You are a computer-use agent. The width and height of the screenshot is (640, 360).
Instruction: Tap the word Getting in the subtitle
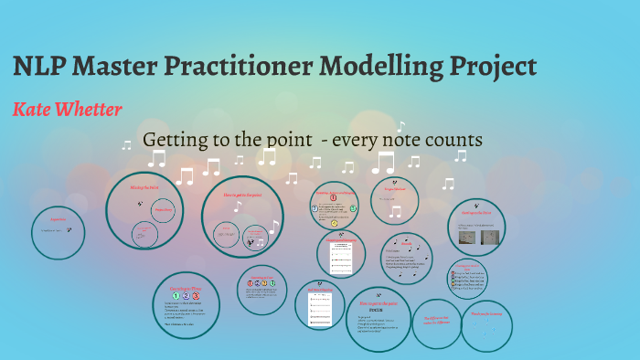point(176,141)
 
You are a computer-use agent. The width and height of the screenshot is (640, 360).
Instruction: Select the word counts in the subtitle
point(452,141)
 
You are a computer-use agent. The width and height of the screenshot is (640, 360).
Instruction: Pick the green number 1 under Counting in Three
point(175,296)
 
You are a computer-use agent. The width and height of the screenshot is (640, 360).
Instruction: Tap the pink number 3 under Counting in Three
point(196,296)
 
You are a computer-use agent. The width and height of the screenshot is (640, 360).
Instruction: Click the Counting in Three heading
point(186,286)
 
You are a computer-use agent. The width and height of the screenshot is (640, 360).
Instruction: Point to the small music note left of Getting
point(127,144)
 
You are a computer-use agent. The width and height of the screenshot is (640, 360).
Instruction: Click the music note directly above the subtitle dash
point(315,162)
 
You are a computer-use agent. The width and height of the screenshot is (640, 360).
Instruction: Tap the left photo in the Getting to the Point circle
point(466,238)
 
